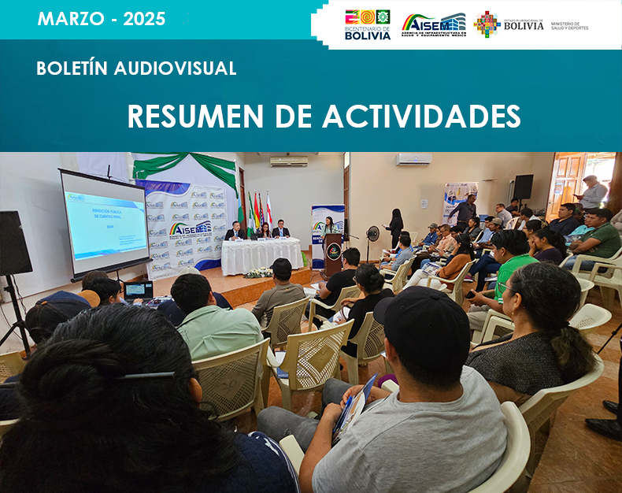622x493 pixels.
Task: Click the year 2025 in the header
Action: tap(144, 19)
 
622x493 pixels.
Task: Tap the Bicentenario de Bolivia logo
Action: tap(368, 24)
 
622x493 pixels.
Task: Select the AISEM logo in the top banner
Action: tap(433, 24)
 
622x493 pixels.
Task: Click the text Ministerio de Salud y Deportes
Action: tap(570, 26)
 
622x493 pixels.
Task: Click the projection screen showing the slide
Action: tap(105, 222)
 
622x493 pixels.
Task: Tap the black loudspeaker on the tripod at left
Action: tap(14, 243)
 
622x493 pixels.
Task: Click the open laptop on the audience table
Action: tap(139, 291)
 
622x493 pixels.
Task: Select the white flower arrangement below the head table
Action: tap(258, 272)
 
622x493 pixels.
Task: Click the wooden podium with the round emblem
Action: tap(334, 252)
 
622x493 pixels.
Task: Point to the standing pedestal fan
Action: tap(372, 235)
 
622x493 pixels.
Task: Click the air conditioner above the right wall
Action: tap(413, 159)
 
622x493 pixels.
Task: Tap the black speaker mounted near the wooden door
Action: tap(523, 187)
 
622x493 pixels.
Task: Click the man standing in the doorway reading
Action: tap(592, 193)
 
